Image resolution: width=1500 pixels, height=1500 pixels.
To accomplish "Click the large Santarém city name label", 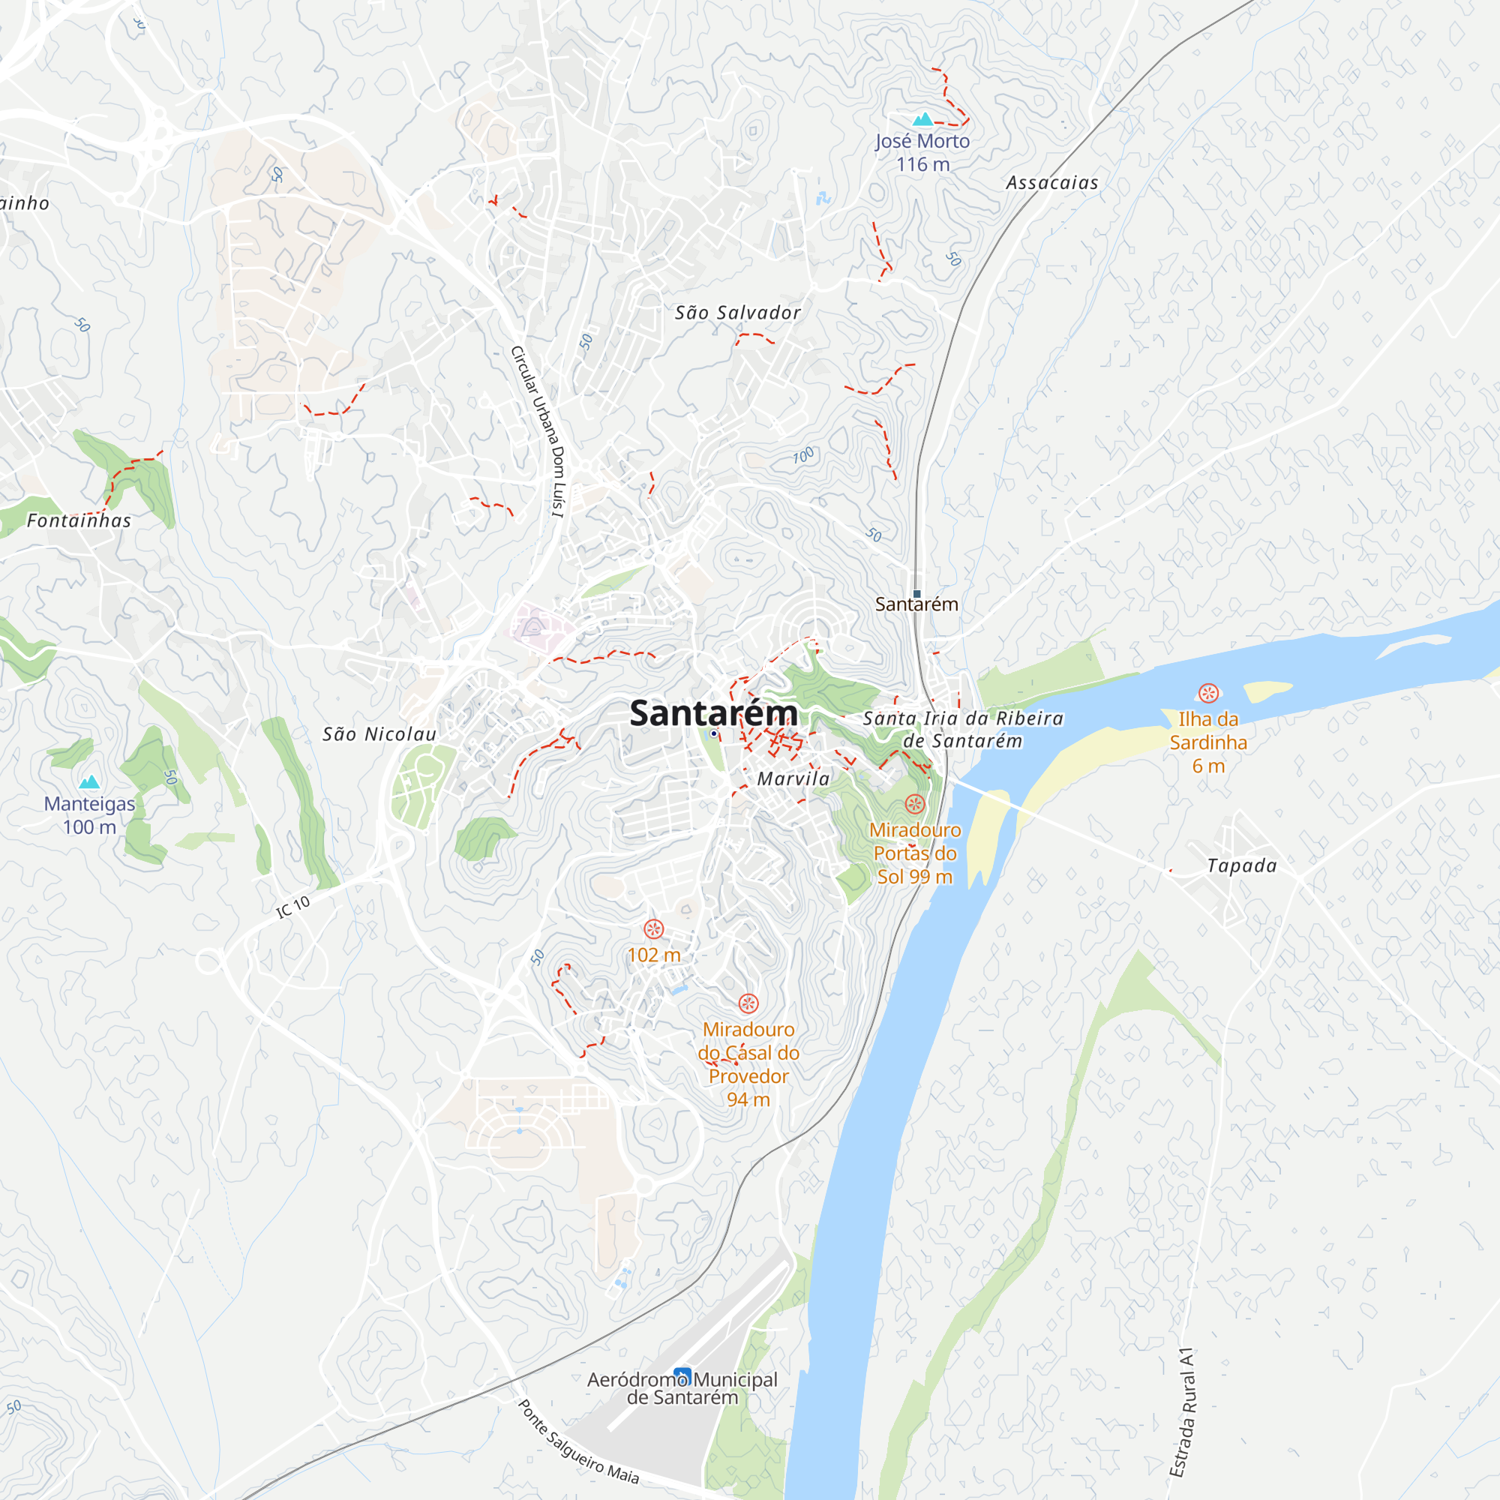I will point(712,712).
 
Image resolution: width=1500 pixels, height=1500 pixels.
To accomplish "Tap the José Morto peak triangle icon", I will point(922,119).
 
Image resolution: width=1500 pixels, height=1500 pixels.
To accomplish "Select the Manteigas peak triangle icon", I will point(90,781).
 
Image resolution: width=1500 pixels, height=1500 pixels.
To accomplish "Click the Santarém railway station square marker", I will point(917,594).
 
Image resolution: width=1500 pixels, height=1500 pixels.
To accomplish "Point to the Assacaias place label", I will point(1052,183).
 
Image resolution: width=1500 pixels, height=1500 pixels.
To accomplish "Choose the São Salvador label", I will point(736,313).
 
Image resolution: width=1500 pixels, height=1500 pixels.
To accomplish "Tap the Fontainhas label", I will point(79,521).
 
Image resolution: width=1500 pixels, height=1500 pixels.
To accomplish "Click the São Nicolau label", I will point(379,734).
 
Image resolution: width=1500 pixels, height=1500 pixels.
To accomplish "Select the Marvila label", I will point(793,778).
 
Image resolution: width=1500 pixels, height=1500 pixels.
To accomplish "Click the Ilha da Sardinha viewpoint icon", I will point(1208,692).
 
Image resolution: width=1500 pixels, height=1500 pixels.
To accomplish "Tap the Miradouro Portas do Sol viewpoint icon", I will point(915,804).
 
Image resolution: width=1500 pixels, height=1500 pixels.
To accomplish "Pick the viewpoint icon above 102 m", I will point(654,929).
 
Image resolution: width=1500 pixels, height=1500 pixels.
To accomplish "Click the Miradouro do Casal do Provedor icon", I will point(748,1004).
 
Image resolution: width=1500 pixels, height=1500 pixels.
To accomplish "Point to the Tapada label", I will point(1241,865).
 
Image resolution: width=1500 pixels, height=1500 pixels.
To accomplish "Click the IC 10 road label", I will point(293,907).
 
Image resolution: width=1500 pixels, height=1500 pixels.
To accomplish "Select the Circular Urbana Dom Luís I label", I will point(538,432).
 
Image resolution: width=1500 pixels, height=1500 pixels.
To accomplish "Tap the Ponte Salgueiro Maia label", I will point(578,1442).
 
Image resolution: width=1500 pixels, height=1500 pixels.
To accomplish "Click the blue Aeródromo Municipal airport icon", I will point(682,1376).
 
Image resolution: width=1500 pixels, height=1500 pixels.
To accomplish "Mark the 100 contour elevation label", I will point(803,456).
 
